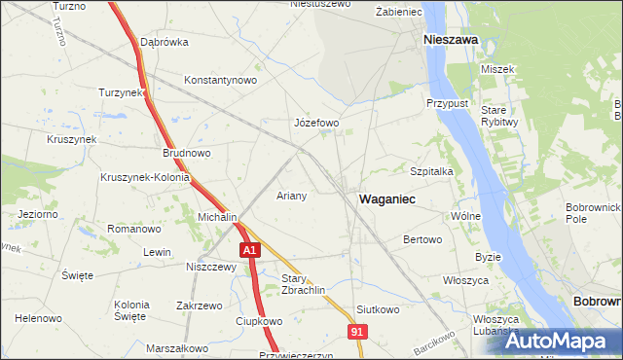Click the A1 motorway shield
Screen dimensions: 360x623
[250, 251]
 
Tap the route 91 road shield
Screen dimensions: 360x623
[358, 333]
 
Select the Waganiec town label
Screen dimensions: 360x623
[387, 198]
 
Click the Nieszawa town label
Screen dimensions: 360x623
[450, 40]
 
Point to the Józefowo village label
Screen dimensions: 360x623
[316, 124]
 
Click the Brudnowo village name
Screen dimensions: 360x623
[187, 153]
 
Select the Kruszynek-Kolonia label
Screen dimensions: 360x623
[145, 178]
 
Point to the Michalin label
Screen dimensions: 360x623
[218, 217]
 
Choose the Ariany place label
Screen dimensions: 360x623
[292, 196]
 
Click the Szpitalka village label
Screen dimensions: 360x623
[432, 170]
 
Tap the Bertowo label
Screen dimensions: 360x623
[422, 239]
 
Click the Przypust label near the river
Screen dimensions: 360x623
[448, 102]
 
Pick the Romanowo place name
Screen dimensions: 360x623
[133, 230]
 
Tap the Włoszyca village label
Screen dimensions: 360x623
[465, 280]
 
